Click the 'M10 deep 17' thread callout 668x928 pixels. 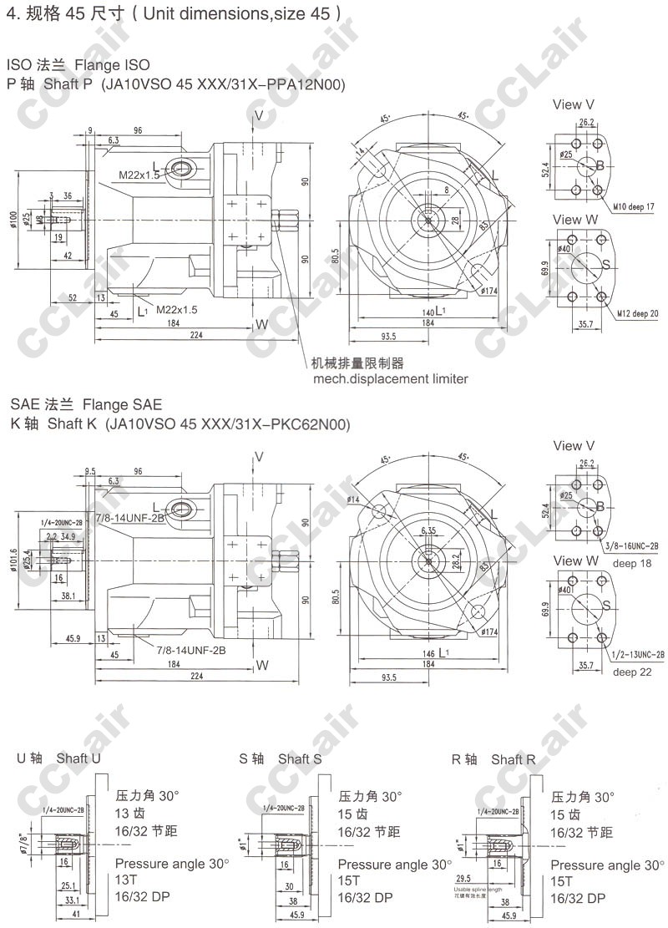click(633, 205)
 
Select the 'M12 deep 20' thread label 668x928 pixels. click(638, 313)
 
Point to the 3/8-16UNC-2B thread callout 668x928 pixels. click(633, 545)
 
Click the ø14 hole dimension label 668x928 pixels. click(353, 499)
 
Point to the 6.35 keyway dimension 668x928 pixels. click(429, 530)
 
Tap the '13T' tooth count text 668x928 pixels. click(126, 880)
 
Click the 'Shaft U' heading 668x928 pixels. click(78, 758)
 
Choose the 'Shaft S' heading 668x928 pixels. click(300, 758)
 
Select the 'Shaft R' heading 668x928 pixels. click(514, 758)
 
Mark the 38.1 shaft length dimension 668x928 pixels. click(68, 596)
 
